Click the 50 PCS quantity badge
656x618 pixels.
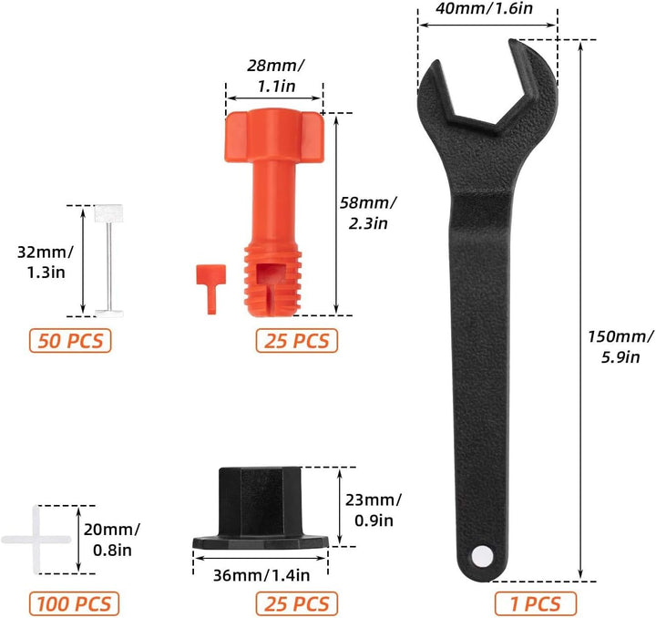point(70,341)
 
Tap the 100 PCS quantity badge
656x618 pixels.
point(74,603)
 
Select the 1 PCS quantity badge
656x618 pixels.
point(536,603)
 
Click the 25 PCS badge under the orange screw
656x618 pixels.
point(297,341)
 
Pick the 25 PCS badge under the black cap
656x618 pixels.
point(297,603)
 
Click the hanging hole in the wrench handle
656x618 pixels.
point(482,557)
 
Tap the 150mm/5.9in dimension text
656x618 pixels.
point(620,347)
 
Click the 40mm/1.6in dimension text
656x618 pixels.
point(484,8)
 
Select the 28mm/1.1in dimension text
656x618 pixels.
point(276,76)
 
